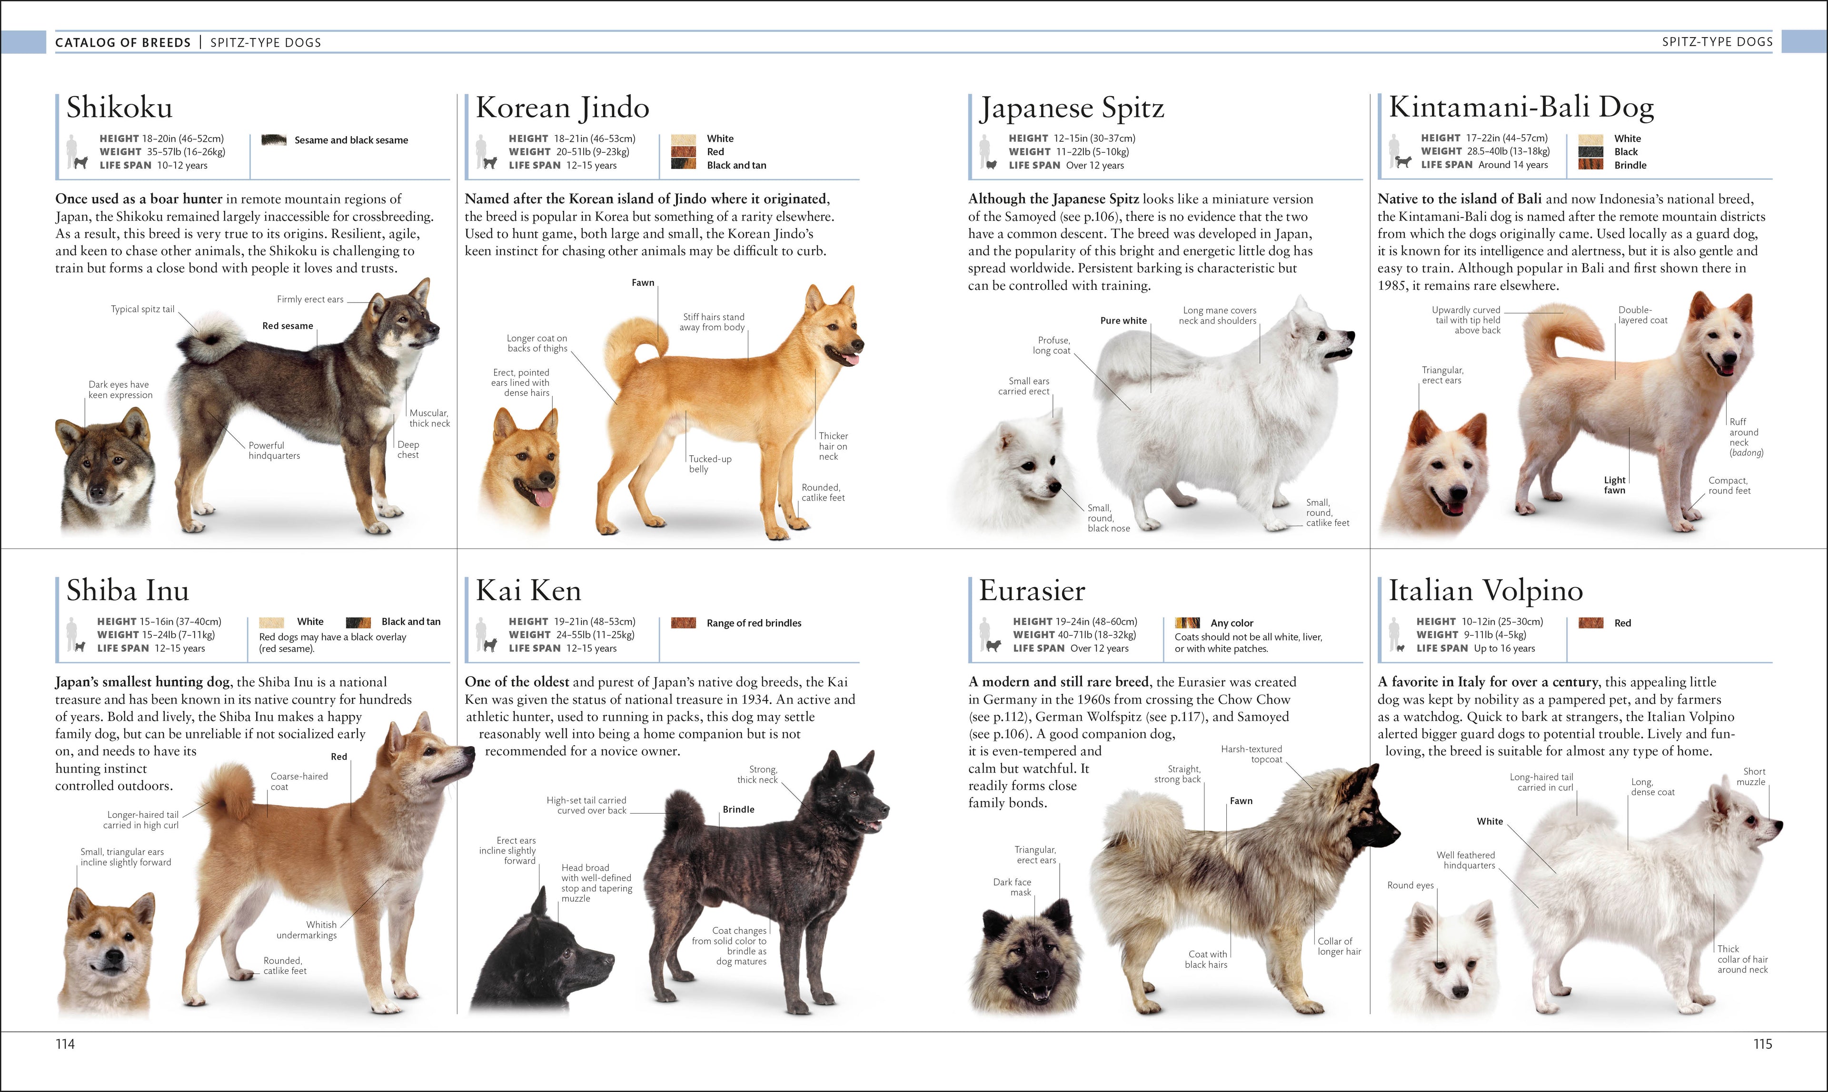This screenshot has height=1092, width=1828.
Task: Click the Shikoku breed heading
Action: (x=119, y=108)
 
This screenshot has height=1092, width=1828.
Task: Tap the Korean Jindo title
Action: (x=563, y=108)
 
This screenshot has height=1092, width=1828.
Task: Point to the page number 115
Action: (x=1762, y=1043)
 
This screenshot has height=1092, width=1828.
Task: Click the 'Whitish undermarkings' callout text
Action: (x=307, y=929)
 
